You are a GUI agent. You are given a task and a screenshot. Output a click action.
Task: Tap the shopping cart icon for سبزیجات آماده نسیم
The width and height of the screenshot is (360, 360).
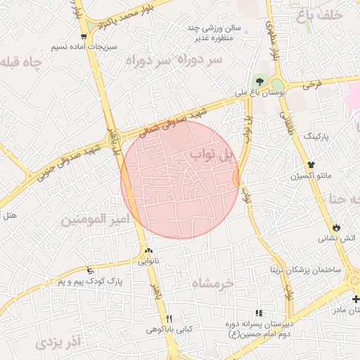tap(84, 37)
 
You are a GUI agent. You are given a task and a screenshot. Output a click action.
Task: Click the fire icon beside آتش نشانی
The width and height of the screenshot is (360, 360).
tap(337, 227)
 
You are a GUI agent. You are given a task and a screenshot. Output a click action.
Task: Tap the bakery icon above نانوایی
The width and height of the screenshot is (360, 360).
tap(148, 251)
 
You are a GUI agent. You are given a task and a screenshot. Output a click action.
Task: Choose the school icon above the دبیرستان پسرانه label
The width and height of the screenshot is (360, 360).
tap(259, 313)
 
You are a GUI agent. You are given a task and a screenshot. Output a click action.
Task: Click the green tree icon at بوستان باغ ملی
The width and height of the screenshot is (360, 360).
tap(260, 80)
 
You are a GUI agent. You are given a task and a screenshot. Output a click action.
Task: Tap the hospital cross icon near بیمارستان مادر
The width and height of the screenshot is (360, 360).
tap(355, 299)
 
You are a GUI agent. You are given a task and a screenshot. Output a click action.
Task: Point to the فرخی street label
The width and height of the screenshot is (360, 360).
tap(312, 85)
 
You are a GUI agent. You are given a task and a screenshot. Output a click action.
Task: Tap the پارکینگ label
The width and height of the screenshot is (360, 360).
tap(316, 134)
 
